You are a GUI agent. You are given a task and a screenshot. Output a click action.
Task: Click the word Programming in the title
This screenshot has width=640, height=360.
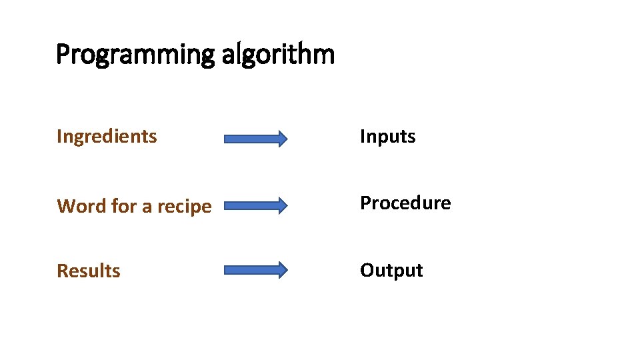[135, 55]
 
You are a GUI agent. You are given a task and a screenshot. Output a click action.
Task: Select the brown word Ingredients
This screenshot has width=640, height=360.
[107, 137]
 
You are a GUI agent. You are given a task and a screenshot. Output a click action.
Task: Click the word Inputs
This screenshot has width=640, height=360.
[387, 137]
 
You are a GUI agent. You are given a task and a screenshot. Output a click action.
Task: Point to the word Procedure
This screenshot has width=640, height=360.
[405, 203]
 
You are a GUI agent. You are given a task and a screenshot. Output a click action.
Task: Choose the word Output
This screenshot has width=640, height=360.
[391, 270]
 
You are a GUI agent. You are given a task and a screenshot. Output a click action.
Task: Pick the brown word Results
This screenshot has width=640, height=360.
[89, 271]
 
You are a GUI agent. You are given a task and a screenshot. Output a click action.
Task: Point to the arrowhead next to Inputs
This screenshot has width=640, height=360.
[282, 139]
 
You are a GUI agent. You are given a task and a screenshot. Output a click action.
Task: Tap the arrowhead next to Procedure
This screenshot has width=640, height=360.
[282, 205]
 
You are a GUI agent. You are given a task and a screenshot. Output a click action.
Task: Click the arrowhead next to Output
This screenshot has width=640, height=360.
[282, 270]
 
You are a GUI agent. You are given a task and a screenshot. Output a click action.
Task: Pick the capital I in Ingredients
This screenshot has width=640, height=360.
[59, 136]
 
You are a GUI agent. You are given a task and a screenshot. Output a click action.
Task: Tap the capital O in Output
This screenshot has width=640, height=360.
[367, 270]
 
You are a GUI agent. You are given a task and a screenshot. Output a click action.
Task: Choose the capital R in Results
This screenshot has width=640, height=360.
[62, 271]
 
